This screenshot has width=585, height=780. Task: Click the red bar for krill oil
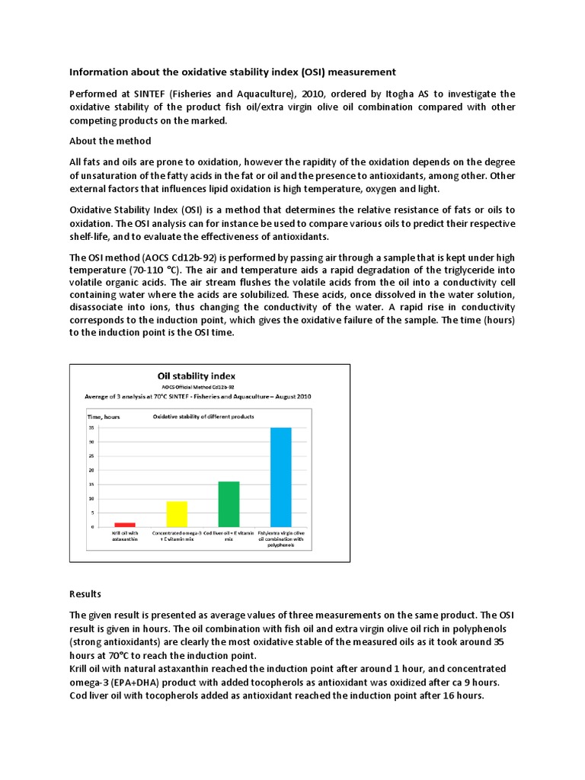coord(125,524)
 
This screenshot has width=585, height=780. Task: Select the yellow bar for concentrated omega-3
coord(177,513)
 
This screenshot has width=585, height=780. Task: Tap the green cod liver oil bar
coord(229,503)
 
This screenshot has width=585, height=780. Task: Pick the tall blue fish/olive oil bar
coord(280,477)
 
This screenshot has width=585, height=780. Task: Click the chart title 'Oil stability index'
coord(196,376)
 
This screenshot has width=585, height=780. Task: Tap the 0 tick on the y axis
coord(93,527)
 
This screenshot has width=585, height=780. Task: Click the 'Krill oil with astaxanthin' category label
coord(125,540)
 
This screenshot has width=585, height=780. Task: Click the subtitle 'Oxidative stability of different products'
coord(203,416)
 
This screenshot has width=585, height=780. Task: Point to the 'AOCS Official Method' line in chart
coord(196,387)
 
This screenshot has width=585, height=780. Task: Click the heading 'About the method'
coord(110,141)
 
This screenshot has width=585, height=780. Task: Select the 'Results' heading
coord(85,593)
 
